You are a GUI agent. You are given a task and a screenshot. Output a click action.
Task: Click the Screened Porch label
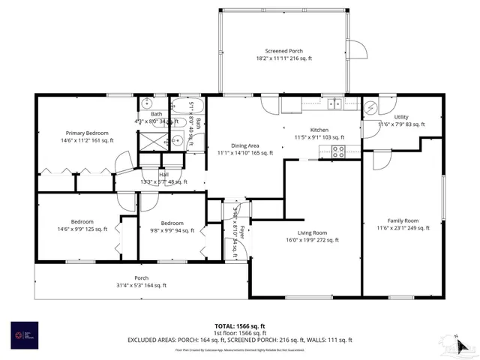click(283, 50)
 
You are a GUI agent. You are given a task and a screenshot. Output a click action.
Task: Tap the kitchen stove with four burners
click(338, 150)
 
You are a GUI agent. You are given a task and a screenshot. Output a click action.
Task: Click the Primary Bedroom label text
click(87, 133)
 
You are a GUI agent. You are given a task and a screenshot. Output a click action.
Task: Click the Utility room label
click(401, 117)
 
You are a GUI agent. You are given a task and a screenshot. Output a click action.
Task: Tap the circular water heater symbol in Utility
click(371, 106)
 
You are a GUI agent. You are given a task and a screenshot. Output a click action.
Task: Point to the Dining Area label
click(244, 145)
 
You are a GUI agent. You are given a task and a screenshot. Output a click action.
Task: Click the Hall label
click(163, 175)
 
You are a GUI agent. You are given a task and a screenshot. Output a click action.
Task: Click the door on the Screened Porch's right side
click(359, 50)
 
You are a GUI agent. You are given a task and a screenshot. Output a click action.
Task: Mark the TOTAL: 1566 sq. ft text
click(240, 325)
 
